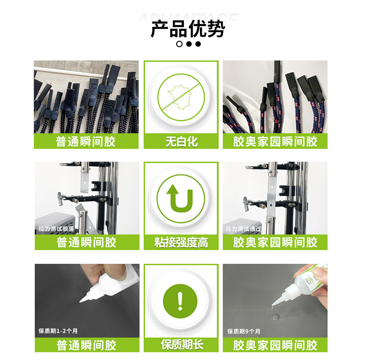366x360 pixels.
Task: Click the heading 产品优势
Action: click(188, 29)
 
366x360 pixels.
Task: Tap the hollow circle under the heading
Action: click(179, 44)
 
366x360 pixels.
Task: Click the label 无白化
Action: click(181, 142)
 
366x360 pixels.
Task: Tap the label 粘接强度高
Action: click(181, 243)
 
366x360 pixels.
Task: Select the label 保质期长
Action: click(181, 344)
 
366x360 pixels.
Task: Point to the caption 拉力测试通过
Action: click(244, 229)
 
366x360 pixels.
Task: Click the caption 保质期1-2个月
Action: click(58, 331)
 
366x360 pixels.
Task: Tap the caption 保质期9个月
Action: click(244, 331)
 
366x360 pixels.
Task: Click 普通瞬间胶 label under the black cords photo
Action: click(86, 142)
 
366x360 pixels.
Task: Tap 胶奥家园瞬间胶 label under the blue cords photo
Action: click(275, 142)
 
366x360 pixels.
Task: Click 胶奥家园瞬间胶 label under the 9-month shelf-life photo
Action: click(275, 345)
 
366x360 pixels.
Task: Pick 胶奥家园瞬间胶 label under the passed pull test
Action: click(275, 243)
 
